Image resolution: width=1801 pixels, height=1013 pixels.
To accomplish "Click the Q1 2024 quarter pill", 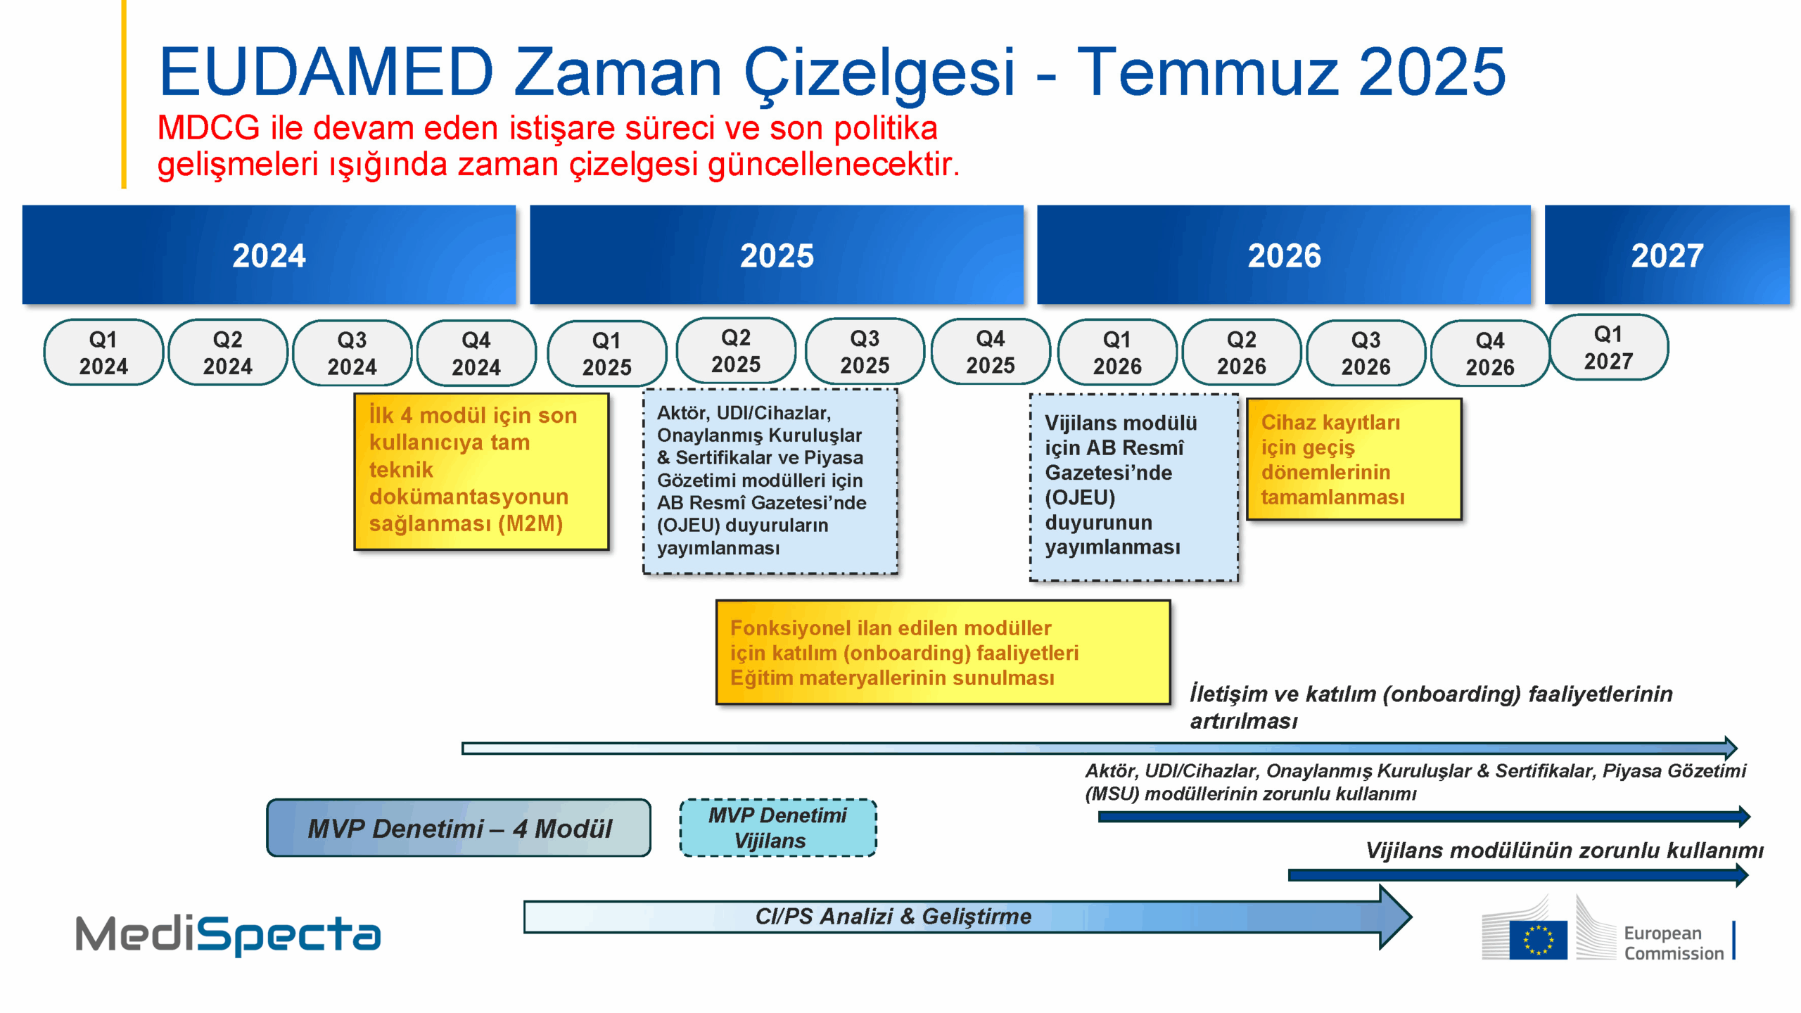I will [x=103, y=352].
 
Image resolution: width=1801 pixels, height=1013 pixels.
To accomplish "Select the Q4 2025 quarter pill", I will [x=990, y=352].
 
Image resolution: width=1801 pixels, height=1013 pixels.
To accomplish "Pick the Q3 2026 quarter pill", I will [x=1366, y=353].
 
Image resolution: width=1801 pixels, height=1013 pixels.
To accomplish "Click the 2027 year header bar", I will [x=1666, y=255].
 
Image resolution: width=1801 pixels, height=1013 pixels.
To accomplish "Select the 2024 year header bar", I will [x=269, y=255].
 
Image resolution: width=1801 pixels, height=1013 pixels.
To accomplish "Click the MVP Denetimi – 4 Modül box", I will [x=459, y=828].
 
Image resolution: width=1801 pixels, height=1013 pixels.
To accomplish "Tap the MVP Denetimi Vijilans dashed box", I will [x=777, y=828].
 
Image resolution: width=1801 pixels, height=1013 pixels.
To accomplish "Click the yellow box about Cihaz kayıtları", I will [x=1354, y=459].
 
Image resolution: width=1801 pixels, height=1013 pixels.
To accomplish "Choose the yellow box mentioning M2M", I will [x=481, y=471].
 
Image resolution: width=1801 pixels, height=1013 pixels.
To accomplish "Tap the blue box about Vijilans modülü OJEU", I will [x=1133, y=487].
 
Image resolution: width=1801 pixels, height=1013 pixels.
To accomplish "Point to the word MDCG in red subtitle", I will [x=208, y=128].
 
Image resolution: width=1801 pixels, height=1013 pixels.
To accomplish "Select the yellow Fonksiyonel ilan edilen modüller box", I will [x=943, y=652].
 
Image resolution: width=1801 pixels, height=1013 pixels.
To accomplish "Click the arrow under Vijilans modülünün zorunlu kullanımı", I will [x=1516, y=875].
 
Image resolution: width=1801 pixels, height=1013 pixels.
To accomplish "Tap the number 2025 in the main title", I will [x=1431, y=72].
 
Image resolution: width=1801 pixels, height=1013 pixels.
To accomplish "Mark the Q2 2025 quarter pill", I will [x=736, y=350].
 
